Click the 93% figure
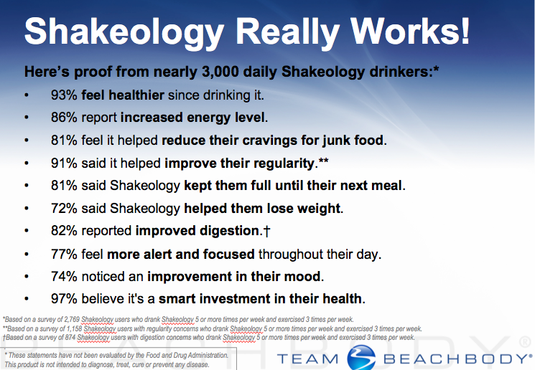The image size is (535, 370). (x=64, y=95)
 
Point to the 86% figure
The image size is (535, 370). (x=64, y=118)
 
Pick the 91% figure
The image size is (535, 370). (x=64, y=163)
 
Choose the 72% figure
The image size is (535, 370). (x=64, y=209)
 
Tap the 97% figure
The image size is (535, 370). (x=64, y=299)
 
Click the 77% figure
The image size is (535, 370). (x=64, y=255)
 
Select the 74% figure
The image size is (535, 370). (x=64, y=277)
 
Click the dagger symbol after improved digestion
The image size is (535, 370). (x=266, y=232)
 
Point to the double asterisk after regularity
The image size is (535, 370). (x=323, y=160)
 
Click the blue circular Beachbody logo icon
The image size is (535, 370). (x=361, y=358)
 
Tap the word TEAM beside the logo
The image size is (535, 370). (x=308, y=359)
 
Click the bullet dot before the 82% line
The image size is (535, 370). (x=27, y=231)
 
